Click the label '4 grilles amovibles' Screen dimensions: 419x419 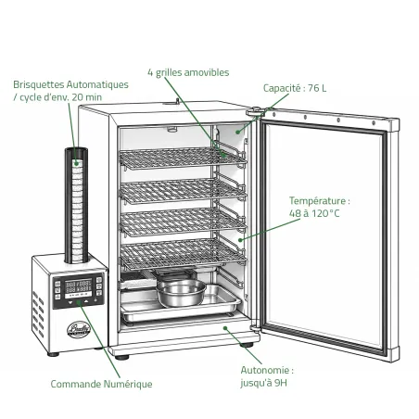(x=188, y=72)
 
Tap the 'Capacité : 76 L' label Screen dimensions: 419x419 (x=295, y=88)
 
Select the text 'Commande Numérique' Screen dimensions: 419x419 (x=101, y=384)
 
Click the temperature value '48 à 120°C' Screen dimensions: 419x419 (x=314, y=213)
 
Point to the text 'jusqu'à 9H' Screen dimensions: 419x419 (x=263, y=383)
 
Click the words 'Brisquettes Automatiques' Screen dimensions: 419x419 (x=70, y=84)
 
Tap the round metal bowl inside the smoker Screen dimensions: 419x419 (x=181, y=292)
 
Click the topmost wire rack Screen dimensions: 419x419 (x=183, y=158)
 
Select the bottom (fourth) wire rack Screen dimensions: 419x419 (x=183, y=254)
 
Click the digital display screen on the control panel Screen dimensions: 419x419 (x=78, y=288)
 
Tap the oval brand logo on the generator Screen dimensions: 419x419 (x=79, y=329)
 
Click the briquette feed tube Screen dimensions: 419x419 (x=76, y=206)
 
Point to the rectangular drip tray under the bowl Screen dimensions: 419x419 (x=181, y=304)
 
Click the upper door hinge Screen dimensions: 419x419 (x=256, y=111)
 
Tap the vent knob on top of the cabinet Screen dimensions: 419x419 (x=177, y=101)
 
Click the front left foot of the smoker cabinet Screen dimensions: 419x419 (x=122, y=358)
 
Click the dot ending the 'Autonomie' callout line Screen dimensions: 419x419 (x=225, y=328)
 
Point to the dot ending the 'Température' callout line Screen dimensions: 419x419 (x=240, y=240)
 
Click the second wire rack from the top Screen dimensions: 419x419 (x=183, y=191)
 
